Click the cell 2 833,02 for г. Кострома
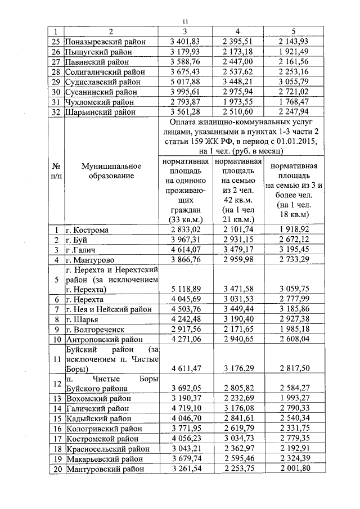[x=185, y=230]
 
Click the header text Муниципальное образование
[x=107, y=172]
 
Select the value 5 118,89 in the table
[x=185, y=290]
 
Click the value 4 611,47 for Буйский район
[x=185, y=368]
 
